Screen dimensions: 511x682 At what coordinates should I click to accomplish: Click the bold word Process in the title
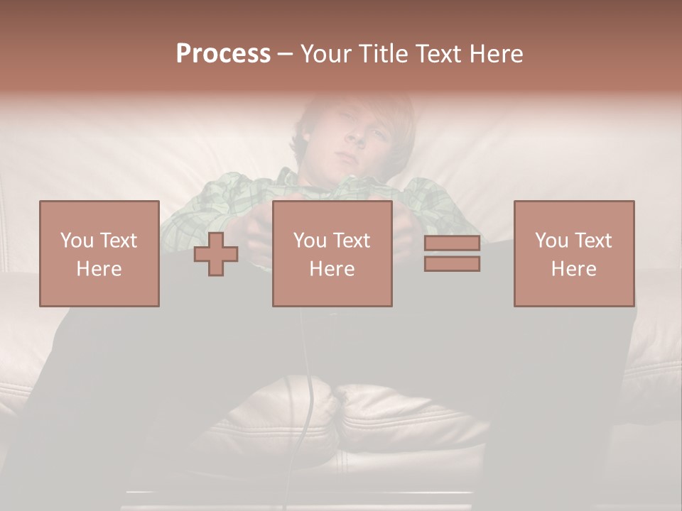coord(223,53)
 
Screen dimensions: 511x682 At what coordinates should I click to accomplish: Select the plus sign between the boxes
coord(216,254)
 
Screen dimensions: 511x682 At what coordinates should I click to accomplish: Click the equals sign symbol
coord(452,254)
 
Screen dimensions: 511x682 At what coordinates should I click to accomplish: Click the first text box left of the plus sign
coord(99,254)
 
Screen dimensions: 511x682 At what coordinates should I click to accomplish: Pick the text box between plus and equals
coord(332,254)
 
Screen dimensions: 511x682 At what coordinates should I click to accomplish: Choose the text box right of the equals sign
coord(573,254)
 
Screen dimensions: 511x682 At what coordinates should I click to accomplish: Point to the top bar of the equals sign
coord(452,243)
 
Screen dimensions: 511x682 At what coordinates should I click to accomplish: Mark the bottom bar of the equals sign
coord(452,264)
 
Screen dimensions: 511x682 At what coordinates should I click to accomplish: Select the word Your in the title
coord(323,53)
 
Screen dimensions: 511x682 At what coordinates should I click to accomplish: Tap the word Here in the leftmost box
coord(99,269)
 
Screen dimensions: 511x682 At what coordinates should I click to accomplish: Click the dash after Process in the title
coord(285,53)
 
